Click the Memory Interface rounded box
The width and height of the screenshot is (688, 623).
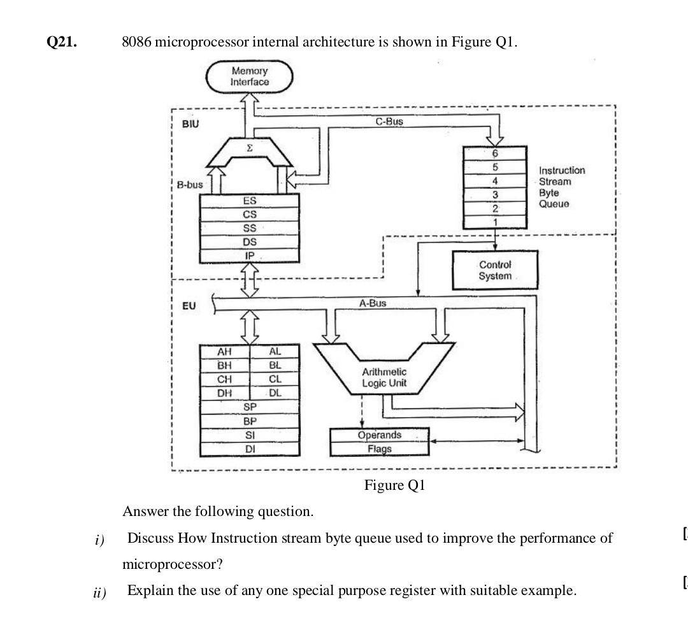tap(249, 76)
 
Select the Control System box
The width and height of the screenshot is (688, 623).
tap(495, 270)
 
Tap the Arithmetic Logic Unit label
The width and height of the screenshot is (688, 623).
tap(384, 377)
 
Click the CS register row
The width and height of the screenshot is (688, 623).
tap(250, 215)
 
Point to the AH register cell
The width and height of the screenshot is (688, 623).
tap(225, 352)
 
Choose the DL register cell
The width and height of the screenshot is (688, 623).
tap(275, 393)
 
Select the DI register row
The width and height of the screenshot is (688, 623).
tap(250, 449)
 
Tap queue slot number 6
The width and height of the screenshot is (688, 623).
tap(495, 154)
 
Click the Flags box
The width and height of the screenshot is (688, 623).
tap(379, 448)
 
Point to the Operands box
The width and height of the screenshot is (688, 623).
tap(379, 435)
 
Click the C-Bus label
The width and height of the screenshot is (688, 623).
tap(389, 121)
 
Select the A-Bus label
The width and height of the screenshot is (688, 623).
tap(372, 303)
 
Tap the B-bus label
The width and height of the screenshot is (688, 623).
tap(190, 185)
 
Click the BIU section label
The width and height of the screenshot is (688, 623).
tap(190, 124)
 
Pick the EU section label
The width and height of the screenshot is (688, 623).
tap(189, 306)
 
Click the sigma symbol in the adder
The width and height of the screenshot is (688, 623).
tap(249, 147)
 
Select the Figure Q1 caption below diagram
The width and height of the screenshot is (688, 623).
tap(394, 485)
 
